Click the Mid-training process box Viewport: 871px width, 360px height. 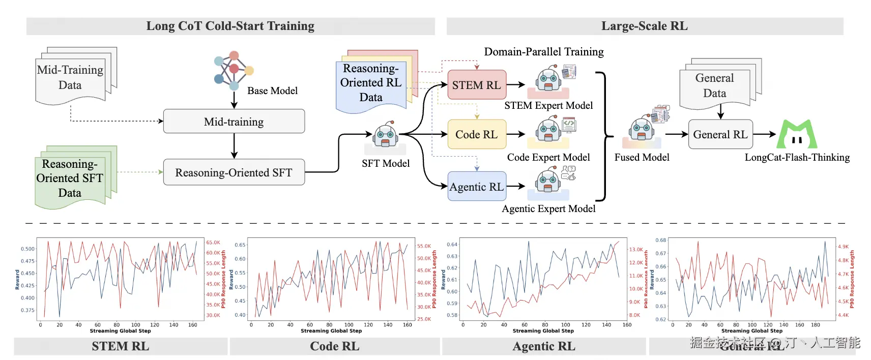(234, 122)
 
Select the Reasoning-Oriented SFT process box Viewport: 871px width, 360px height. (234, 172)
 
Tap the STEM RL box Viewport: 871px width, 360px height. (477, 85)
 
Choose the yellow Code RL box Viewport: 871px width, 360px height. (477, 134)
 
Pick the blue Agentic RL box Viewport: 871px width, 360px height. (477, 187)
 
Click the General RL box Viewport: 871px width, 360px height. (720, 134)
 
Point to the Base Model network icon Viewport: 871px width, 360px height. (233, 70)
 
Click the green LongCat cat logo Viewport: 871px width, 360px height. (797, 134)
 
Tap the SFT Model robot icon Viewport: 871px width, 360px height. (385, 136)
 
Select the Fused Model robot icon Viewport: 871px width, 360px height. (641, 130)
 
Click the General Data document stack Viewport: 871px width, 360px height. (717, 84)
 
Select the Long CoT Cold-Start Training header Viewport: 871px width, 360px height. (230, 26)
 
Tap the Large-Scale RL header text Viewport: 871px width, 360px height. (644, 26)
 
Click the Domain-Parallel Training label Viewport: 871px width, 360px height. (543, 52)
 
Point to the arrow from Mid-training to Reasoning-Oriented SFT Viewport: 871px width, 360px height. (234, 146)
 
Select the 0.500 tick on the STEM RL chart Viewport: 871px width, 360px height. (28, 249)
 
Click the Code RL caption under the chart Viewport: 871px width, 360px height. (334, 346)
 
